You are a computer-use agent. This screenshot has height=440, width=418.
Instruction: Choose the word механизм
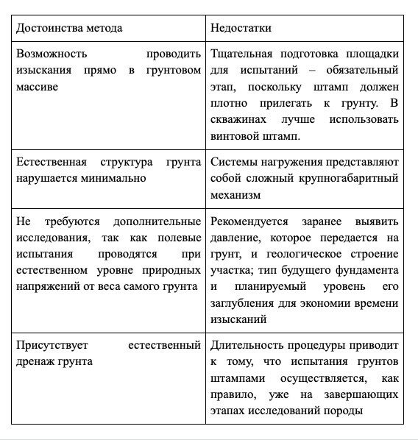point(236,194)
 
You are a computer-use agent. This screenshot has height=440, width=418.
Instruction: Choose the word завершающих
point(366,394)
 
